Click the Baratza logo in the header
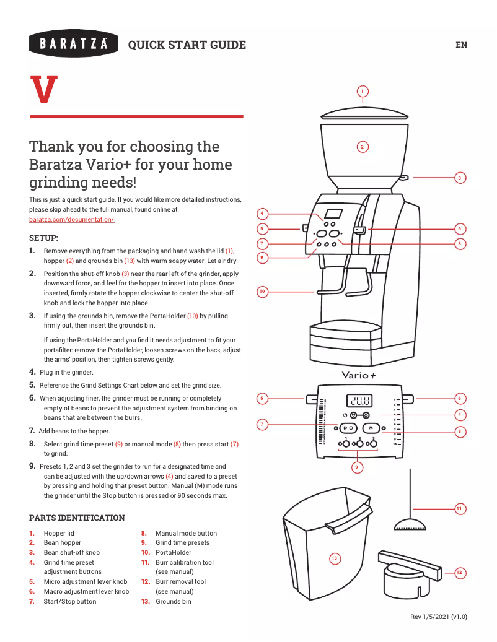(x=74, y=44)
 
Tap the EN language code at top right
(x=461, y=45)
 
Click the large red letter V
(x=44, y=90)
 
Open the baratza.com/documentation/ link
(x=72, y=220)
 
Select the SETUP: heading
(x=44, y=238)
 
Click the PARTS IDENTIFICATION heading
(x=77, y=518)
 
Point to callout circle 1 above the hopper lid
(x=363, y=92)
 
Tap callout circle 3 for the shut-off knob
(x=460, y=178)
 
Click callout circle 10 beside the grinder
(x=262, y=291)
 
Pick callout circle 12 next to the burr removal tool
(x=460, y=573)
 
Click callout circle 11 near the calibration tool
(x=460, y=508)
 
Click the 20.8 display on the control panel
(x=359, y=401)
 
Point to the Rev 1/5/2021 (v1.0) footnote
(x=439, y=617)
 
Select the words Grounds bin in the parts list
(x=173, y=601)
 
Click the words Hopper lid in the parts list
(x=58, y=533)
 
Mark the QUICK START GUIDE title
(x=187, y=45)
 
